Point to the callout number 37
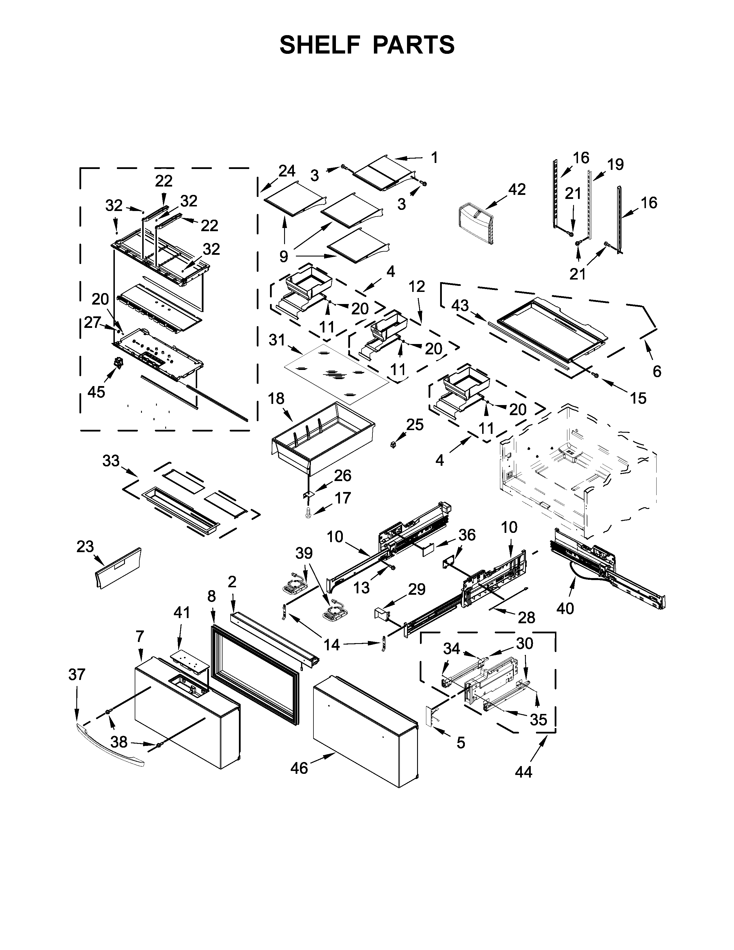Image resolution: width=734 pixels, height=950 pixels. tap(77, 675)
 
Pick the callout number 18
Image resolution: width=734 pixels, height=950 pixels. tap(276, 398)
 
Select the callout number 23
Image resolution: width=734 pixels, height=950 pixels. tap(85, 547)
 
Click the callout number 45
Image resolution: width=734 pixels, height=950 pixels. tap(96, 392)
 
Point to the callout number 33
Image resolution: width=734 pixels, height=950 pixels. tap(111, 461)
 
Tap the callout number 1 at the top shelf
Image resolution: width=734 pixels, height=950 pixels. tap(434, 157)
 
